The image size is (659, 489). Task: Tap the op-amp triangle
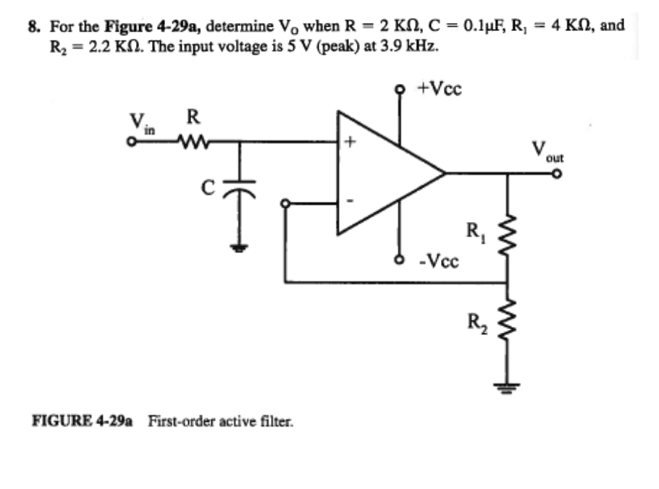click(x=384, y=174)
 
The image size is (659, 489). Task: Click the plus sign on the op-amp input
click(x=349, y=143)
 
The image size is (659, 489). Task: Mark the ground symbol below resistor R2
click(x=505, y=389)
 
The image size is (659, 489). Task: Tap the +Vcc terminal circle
click(x=397, y=90)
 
